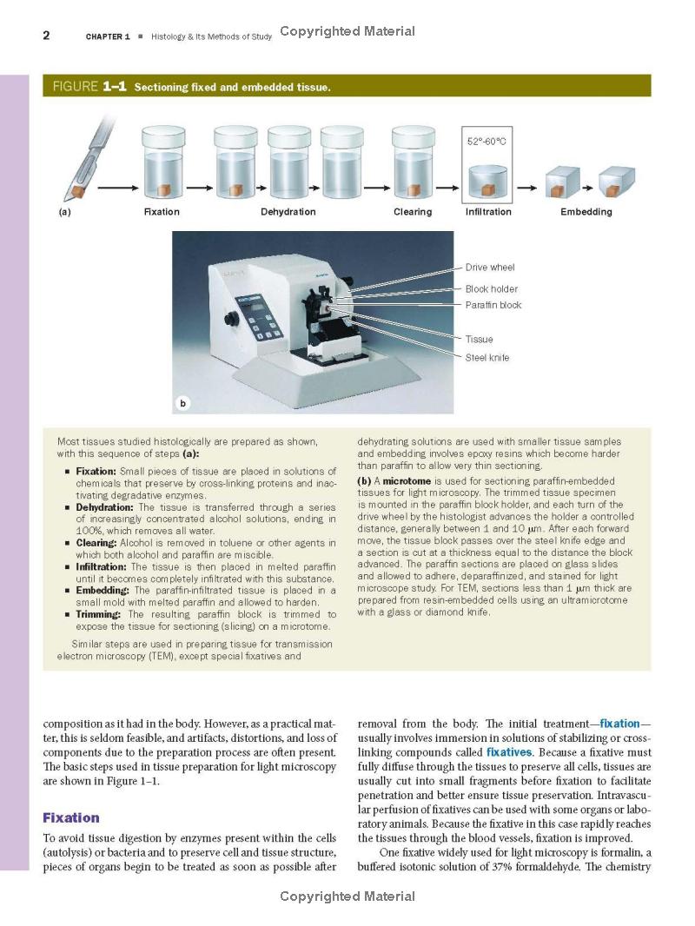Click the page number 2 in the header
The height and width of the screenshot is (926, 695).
pyautogui.click(x=46, y=35)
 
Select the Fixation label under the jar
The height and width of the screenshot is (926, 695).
pyautogui.click(x=162, y=212)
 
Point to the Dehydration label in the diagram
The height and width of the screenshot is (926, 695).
pyautogui.click(x=288, y=212)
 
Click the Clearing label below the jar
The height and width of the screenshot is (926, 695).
pyautogui.click(x=413, y=212)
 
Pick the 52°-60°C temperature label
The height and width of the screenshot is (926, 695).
pyautogui.click(x=486, y=141)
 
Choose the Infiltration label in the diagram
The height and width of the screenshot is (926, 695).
pyautogui.click(x=488, y=212)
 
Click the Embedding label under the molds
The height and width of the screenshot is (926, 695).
pyautogui.click(x=586, y=212)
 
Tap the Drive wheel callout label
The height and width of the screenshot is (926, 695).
pyautogui.click(x=490, y=268)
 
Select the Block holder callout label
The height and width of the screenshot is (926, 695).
pyautogui.click(x=491, y=289)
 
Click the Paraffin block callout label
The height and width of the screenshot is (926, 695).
pyautogui.click(x=493, y=306)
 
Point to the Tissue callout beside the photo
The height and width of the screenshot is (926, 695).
pyautogui.click(x=479, y=340)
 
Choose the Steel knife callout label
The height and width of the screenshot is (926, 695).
pyautogui.click(x=487, y=358)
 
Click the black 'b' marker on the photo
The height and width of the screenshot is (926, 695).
pyautogui.click(x=182, y=403)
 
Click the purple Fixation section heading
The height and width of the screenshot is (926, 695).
pyautogui.click(x=71, y=817)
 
